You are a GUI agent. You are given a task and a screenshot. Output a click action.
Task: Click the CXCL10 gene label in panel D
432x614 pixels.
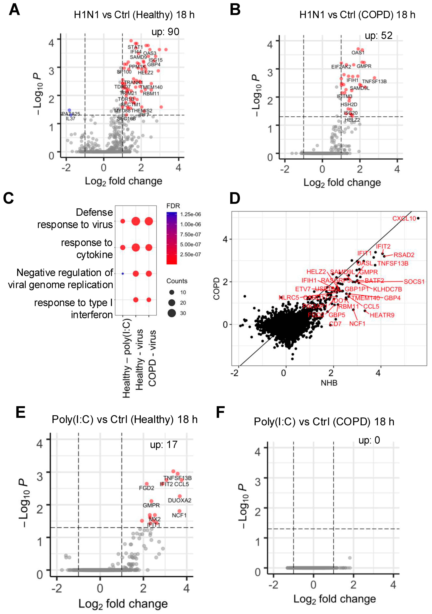tap(404, 219)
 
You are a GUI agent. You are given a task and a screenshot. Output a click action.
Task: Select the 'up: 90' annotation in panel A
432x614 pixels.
tap(165, 32)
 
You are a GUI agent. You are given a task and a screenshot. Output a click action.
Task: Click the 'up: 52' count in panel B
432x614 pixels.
tap(379, 36)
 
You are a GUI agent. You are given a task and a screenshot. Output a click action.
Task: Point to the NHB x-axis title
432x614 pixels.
tap(329, 383)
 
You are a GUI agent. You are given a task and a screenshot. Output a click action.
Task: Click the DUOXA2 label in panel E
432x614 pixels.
tap(180, 500)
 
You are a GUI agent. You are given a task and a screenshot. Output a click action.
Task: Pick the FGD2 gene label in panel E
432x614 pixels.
tap(147, 488)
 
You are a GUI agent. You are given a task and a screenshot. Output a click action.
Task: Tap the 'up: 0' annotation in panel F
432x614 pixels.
tap(369, 440)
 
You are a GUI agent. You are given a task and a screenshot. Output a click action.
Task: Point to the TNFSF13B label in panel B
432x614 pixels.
tap(374, 82)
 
